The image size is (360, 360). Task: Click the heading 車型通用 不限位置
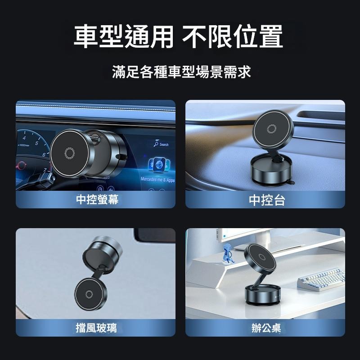[179, 36]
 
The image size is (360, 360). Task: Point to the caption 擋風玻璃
[96, 328]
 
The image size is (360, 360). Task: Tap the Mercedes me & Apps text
[157, 179]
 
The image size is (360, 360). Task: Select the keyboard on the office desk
[320, 279]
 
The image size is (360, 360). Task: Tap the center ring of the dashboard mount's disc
[271, 129]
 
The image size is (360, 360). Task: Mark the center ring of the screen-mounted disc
[69, 153]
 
